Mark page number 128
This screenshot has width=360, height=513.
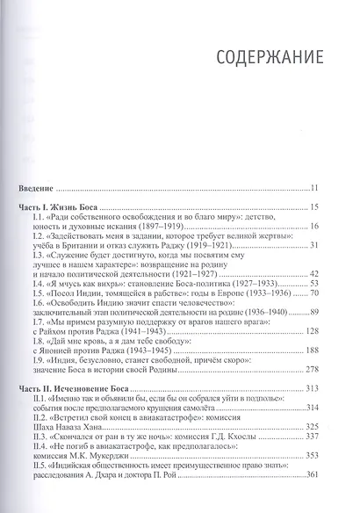[x=314, y=357]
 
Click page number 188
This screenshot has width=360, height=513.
[x=314, y=378]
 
